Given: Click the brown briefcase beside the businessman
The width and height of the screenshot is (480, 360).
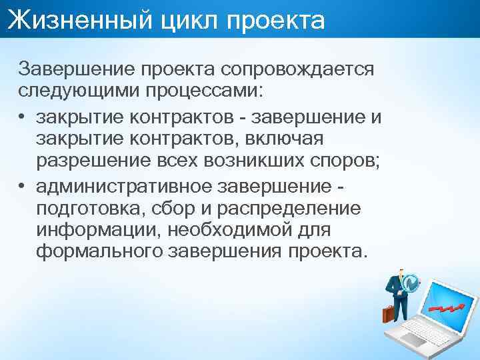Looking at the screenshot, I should coord(388,313).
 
